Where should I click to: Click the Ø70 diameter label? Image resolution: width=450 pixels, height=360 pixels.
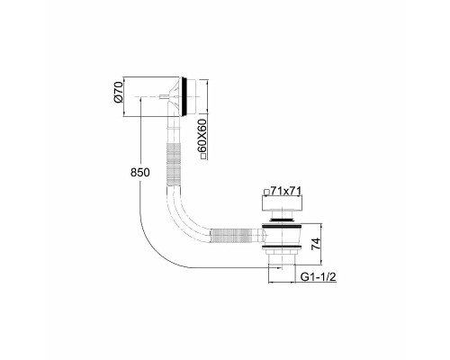click(x=119, y=92)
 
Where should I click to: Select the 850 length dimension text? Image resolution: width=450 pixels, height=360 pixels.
click(x=139, y=173)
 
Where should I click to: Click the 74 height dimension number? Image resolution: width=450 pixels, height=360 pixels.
click(x=316, y=244)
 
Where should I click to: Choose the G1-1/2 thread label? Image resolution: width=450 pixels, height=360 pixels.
click(x=318, y=277)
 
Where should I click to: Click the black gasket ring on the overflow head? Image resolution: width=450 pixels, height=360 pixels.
click(x=187, y=96)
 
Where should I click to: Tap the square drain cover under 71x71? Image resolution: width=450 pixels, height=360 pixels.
click(x=282, y=203)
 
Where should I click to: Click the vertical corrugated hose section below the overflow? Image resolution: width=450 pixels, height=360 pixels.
click(x=174, y=165)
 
